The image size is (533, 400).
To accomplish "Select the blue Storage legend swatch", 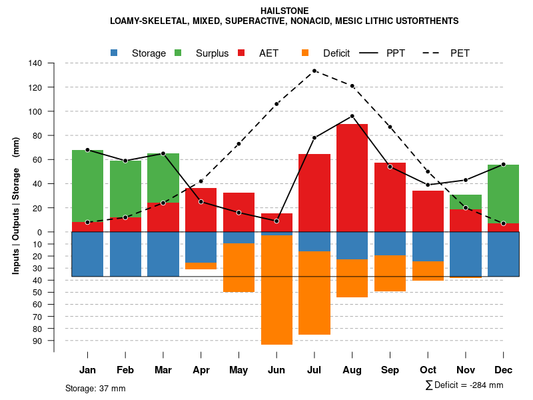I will [x=115, y=53].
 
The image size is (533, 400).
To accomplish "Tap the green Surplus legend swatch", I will [x=178, y=53].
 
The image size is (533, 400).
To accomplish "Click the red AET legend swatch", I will [x=242, y=53].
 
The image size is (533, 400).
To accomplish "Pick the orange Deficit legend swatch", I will [x=306, y=53].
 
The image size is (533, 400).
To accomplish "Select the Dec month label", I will [x=503, y=370].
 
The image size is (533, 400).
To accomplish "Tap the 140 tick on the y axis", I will [x=35, y=63].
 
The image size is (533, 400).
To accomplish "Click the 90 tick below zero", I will [x=37, y=341].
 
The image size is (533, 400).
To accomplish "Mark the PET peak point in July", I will [x=314, y=71].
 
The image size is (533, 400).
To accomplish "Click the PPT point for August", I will [x=352, y=116].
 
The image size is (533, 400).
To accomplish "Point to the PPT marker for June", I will [x=276, y=221].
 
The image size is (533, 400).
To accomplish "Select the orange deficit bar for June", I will [x=276, y=290].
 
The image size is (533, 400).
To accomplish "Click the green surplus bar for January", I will [x=87, y=186].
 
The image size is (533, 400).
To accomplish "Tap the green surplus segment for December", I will [x=503, y=194].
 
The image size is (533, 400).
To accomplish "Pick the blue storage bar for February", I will [x=125, y=254].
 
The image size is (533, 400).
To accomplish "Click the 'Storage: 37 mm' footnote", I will [x=95, y=388].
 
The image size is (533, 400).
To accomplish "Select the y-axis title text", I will [x=16, y=206].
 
